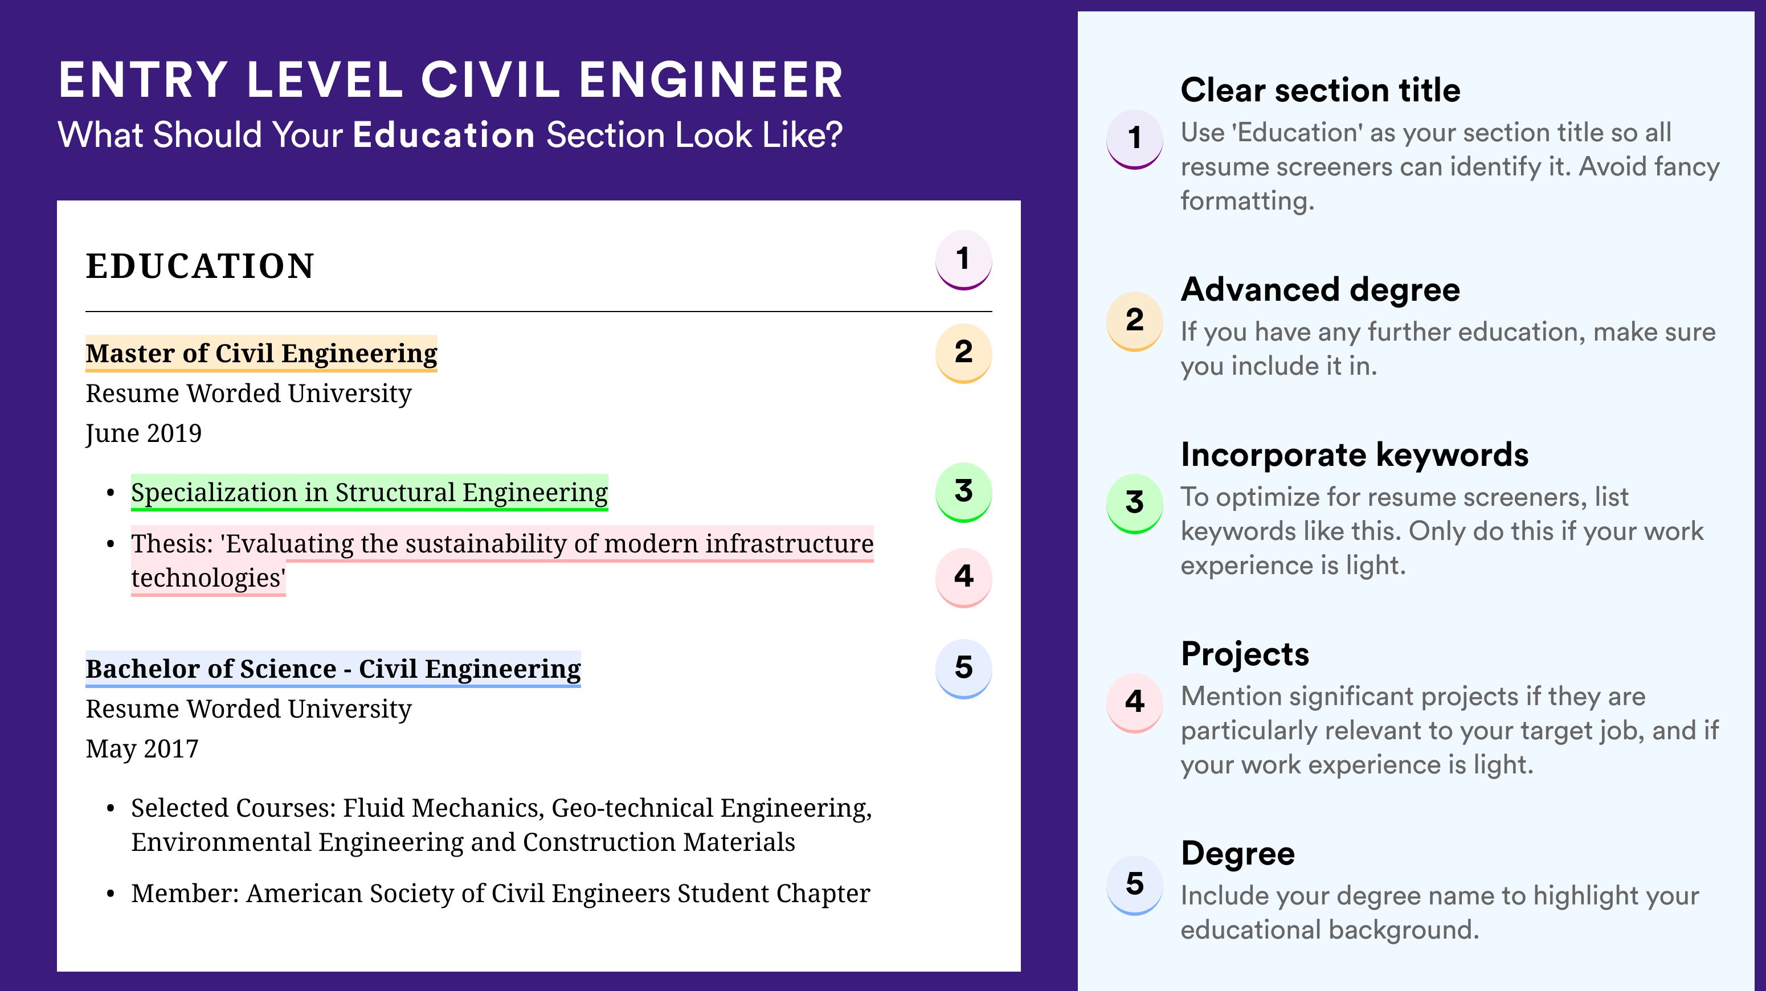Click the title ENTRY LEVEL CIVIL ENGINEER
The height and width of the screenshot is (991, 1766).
click(451, 80)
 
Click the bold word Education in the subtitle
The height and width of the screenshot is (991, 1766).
click(444, 135)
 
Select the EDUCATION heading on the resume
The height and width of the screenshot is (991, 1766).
click(199, 266)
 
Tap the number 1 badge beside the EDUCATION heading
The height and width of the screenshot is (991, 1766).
click(963, 260)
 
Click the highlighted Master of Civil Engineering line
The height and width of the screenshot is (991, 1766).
click(261, 354)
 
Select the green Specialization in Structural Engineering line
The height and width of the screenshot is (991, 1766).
click(370, 493)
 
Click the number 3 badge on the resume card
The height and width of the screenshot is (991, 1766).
click(963, 492)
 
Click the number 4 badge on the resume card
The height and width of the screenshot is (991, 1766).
click(963, 577)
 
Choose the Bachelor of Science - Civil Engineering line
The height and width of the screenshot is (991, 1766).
click(333, 669)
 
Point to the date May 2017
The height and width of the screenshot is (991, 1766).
click(142, 749)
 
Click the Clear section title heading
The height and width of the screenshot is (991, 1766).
click(1321, 90)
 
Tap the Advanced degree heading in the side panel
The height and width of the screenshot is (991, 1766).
click(1321, 290)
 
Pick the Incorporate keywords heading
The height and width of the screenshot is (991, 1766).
click(1355, 454)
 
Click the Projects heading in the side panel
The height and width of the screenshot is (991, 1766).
click(1245, 654)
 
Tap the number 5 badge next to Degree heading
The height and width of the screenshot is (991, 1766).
click(1135, 884)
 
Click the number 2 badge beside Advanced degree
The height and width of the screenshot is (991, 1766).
click(1135, 321)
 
